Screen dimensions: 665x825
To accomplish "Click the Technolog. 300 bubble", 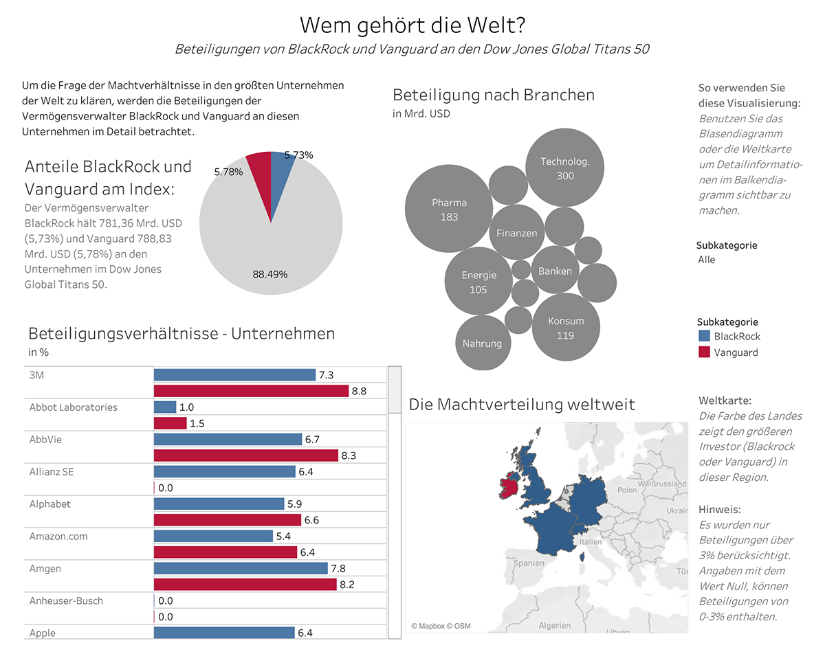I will coord(564,168).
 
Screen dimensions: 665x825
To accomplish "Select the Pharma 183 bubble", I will coord(449,210).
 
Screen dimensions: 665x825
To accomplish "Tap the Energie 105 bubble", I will coord(478,282).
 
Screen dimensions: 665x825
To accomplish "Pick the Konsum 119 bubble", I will coord(566,328).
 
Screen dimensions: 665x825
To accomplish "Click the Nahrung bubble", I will coord(482,343).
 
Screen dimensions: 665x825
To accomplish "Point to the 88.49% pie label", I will coord(270,274).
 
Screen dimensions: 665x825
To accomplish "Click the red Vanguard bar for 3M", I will coord(251,391).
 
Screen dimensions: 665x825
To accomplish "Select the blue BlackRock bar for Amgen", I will coord(241,568).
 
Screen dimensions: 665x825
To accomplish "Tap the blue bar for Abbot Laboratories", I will coord(165,407).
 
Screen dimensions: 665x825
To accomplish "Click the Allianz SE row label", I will coord(52,471).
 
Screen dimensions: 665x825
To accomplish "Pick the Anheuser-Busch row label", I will coord(66,600).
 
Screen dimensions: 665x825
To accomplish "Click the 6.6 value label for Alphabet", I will coord(311,520).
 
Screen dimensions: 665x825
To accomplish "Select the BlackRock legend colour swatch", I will coord(703,337).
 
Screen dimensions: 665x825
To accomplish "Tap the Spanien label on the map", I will coord(529,563).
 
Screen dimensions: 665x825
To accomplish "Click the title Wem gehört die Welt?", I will coord(413,25).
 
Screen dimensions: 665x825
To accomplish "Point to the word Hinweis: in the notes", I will coord(719,509).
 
